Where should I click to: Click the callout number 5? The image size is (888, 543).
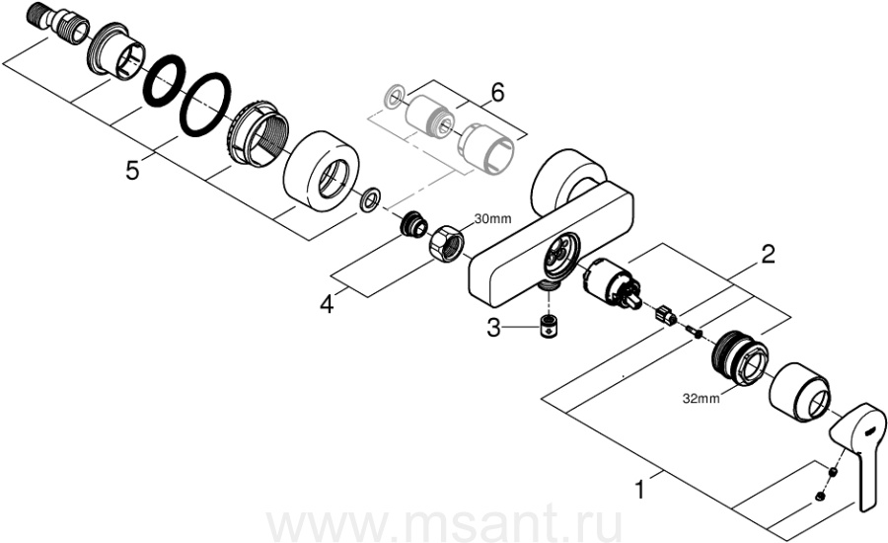click(x=132, y=171)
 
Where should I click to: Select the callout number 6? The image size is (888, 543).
click(x=496, y=93)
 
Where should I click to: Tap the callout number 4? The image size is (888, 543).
click(x=327, y=303)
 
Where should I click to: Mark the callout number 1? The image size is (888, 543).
click(x=641, y=488)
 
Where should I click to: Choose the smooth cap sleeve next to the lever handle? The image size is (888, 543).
click(x=798, y=391)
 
